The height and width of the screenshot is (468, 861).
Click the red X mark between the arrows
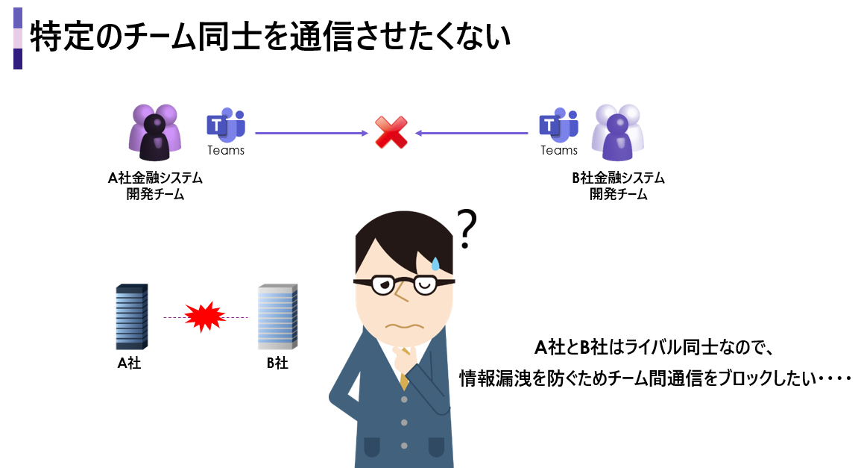tap(391, 133)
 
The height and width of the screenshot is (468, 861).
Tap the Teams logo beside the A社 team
tap(226, 125)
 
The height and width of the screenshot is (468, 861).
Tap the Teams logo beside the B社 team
tap(558, 125)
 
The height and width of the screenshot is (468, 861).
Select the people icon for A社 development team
tap(155, 132)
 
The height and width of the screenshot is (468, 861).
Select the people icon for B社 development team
tap(616, 132)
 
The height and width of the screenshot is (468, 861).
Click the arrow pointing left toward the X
tap(472, 134)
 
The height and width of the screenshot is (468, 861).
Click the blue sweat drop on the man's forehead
tap(435, 263)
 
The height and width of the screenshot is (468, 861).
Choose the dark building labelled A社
tap(131, 316)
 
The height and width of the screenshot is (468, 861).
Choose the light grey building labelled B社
tap(277, 316)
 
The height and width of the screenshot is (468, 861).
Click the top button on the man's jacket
tap(404, 399)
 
